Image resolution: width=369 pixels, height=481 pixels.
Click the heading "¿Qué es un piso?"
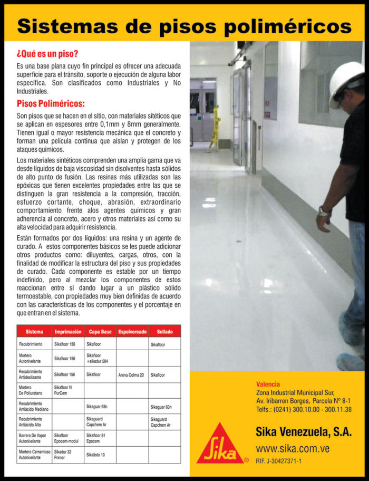click(47, 54)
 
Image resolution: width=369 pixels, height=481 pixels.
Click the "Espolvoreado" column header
click(132, 331)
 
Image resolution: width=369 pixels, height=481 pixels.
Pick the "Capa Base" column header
click(100, 331)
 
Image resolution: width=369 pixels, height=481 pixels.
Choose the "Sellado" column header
click(164, 331)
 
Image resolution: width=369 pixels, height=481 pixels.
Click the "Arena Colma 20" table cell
click(131, 375)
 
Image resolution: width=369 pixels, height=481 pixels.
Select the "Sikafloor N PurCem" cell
click(65, 390)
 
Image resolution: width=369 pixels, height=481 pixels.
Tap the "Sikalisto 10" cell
click(95, 455)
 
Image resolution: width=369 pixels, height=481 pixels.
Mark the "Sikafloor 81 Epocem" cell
click(96, 438)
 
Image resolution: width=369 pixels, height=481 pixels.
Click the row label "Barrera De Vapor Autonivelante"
click(34, 438)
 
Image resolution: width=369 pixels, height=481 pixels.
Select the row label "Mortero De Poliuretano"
click(31, 390)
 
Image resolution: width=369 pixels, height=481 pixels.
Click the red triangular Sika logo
click(220, 445)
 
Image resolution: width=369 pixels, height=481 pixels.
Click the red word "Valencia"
click(268, 384)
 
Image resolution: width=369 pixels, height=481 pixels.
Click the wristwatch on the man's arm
click(324, 211)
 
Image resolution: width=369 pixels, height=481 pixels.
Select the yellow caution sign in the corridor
click(214, 127)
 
